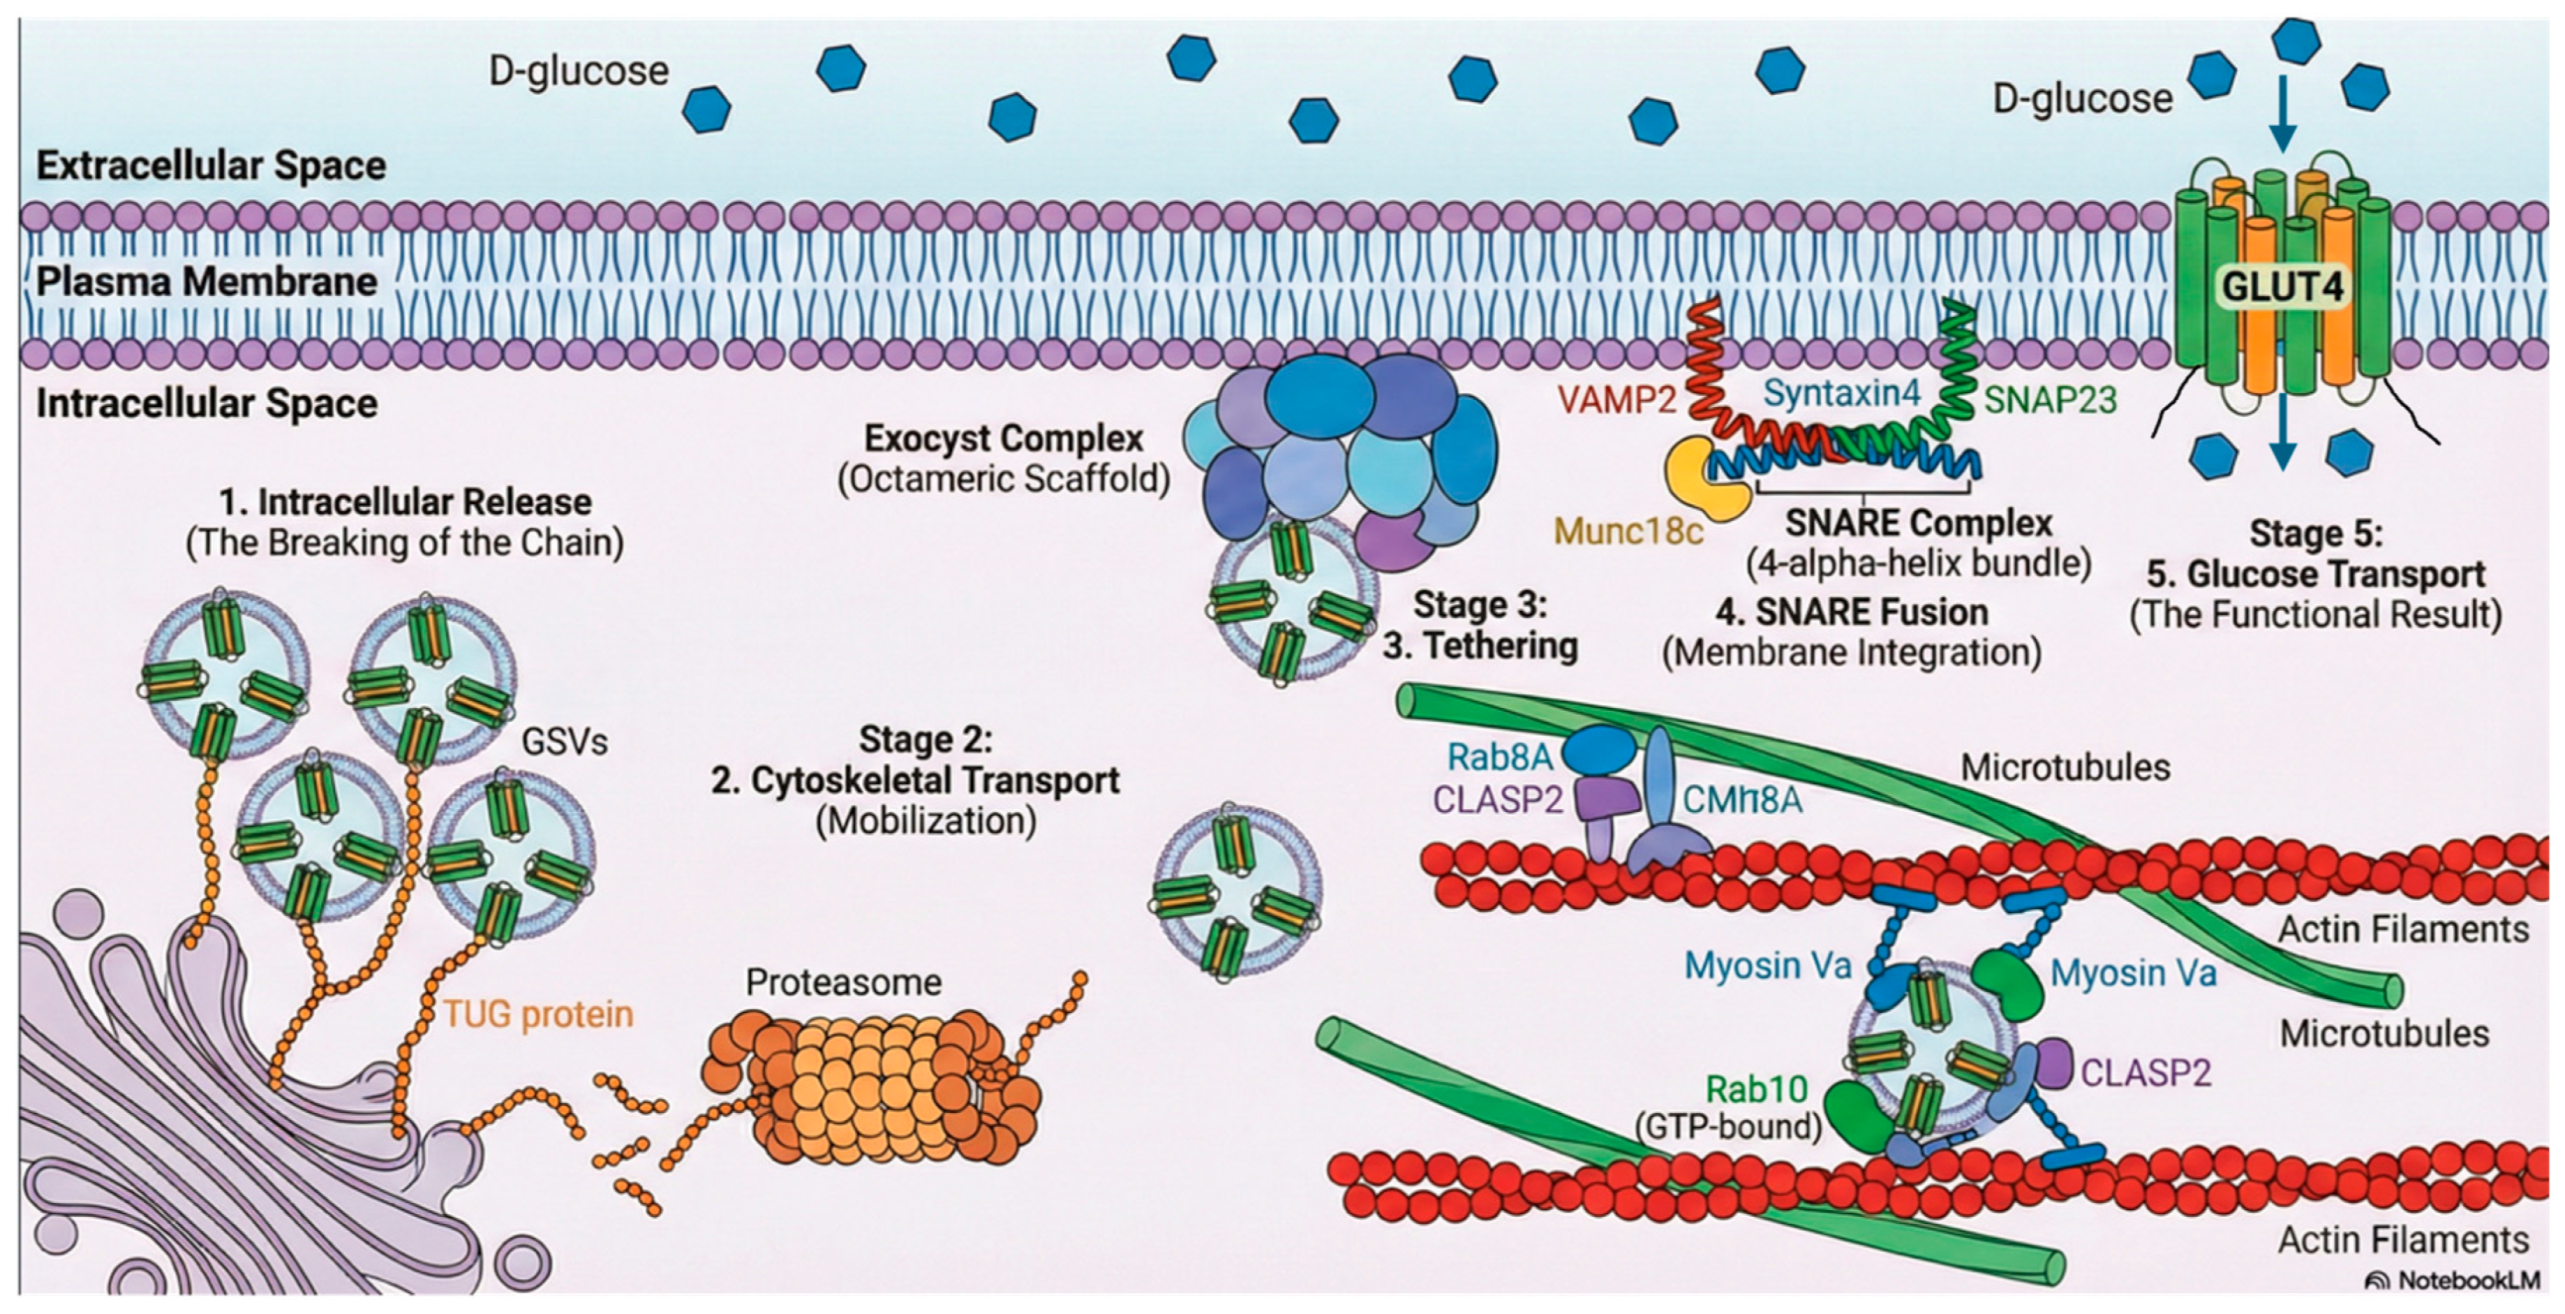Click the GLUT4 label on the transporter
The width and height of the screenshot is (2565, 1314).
tap(2283, 287)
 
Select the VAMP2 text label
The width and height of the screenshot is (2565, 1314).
tap(1617, 400)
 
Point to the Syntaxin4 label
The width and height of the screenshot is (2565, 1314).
tap(1842, 394)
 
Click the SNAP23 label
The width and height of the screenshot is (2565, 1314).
tap(2050, 400)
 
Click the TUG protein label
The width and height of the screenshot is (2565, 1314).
tap(539, 1014)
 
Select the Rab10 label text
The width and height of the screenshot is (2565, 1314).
tap(1758, 1089)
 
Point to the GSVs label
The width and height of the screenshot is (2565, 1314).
tap(565, 742)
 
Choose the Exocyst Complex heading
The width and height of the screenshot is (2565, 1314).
tap(1004, 438)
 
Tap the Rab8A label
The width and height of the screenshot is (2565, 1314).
tap(1500, 758)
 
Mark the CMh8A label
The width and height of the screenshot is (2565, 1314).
tap(1743, 800)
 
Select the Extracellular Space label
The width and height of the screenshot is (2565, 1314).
tap(211, 165)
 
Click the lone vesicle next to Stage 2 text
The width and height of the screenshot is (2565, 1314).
tap(1237, 892)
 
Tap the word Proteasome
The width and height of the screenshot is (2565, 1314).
tap(844, 982)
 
